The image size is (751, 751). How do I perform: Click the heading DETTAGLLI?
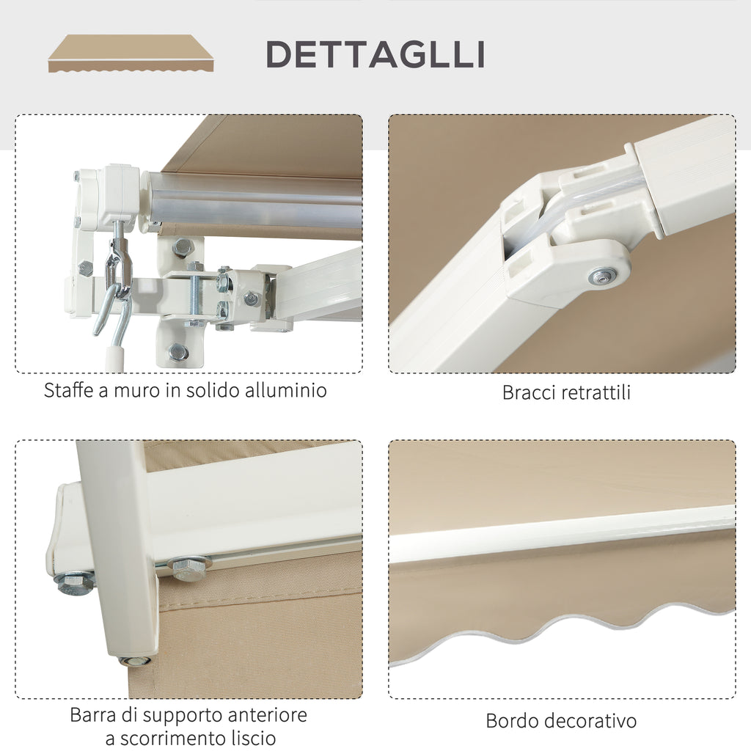coord(375,54)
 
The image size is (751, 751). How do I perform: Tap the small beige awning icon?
coord(131,53)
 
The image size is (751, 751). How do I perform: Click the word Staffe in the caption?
coord(68,390)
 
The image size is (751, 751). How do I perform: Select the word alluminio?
coord(286,390)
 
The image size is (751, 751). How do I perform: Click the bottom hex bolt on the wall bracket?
coord(178,352)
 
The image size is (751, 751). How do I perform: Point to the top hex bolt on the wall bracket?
coord(182,248)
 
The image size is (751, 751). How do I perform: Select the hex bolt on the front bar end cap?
coord(76,583)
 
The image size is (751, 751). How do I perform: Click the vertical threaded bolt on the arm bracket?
coord(195,293)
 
